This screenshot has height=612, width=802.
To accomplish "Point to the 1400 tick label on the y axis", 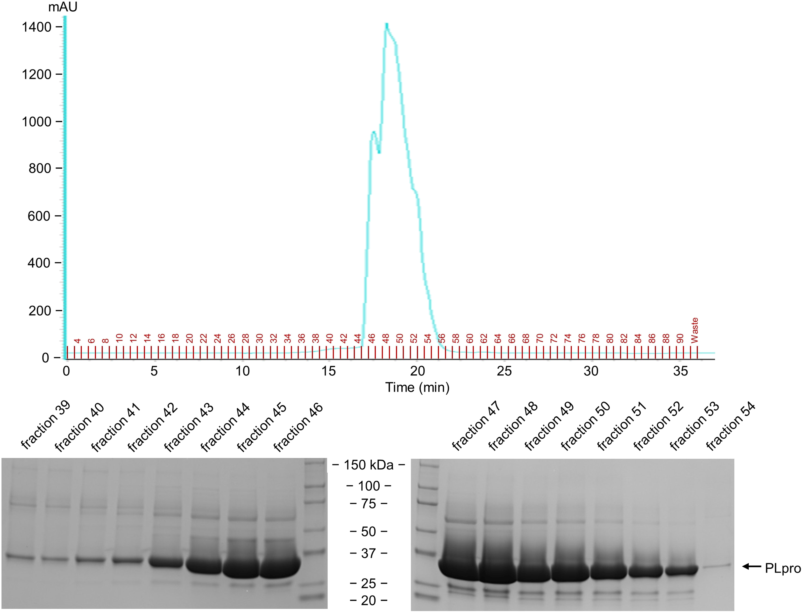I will point(36,27).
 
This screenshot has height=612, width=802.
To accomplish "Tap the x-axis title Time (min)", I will point(417,387).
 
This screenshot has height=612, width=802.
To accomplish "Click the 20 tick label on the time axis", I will point(417,371).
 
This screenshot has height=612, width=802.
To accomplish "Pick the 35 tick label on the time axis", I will point(680,371).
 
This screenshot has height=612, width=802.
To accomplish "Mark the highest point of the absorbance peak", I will point(387,24).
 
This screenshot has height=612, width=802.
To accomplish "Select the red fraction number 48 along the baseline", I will point(386,338).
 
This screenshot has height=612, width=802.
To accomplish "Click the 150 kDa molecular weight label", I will point(369,465).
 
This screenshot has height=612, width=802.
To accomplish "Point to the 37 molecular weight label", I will point(368,553).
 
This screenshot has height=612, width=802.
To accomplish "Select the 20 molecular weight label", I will point(368,600).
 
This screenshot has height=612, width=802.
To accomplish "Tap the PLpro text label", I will point(783,568).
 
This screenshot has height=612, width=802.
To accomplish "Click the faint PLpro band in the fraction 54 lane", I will point(717,566).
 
